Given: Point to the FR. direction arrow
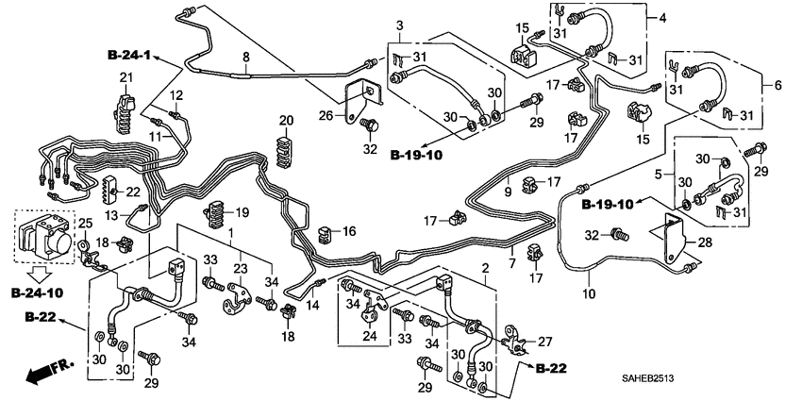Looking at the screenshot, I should [45, 372].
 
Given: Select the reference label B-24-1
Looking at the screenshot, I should [128, 56].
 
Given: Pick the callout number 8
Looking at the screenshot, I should [245, 58].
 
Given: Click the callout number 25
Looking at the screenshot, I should [84, 224].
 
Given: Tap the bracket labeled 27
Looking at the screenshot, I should [514, 339].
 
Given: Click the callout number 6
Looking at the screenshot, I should [778, 85].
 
